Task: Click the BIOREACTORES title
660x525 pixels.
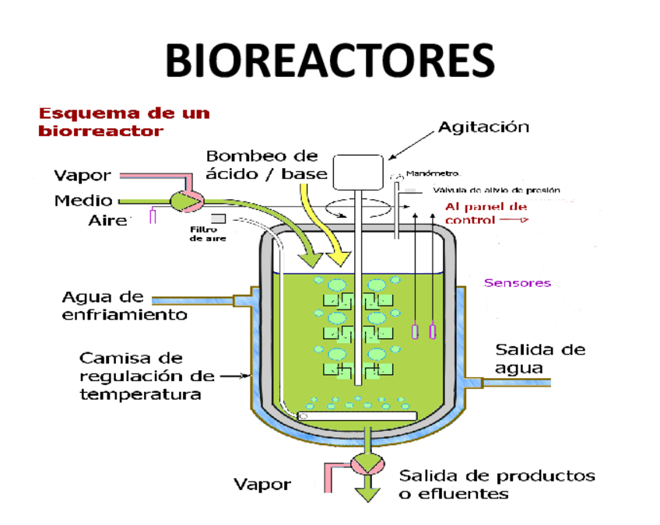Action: (x=330, y=60)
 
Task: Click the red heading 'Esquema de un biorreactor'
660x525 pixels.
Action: (x=125, y=121)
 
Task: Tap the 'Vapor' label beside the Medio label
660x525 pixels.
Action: (x=82, y=175)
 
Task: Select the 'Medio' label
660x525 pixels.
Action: (x=83, y=201)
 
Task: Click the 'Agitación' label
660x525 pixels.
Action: (x=483, y=127)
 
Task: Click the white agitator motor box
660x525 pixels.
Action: (x=358, y=172)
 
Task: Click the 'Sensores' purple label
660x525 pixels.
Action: (x=518, y=283)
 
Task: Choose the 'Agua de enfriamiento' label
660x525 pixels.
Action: (x=125, y=306)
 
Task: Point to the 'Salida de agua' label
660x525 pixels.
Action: (x=540, y=359)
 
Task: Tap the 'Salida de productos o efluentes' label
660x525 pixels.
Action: (x=497, y=485)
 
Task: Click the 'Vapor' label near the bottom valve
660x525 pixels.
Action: (x=262, y=485)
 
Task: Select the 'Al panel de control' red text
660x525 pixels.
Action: (x=486, y=213)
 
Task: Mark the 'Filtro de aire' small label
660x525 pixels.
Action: (x=208, y=233)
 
